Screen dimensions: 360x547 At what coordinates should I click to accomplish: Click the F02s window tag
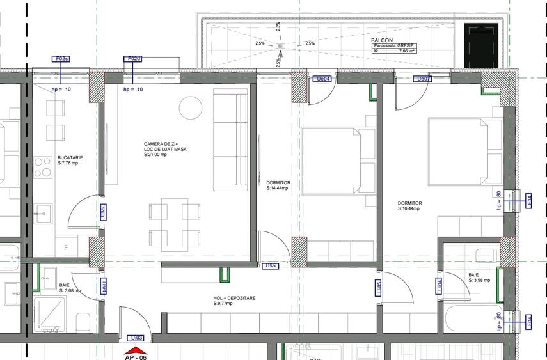coord(61,59)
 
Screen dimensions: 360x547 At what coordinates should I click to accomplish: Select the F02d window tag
coord(132,59)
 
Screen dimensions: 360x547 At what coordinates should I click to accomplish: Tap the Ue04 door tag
coord(323,79)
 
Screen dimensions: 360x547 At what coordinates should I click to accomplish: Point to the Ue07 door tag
coord(423,79)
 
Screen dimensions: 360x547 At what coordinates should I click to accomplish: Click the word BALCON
coord(381,40)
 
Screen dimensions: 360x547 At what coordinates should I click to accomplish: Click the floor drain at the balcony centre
coord(280,46)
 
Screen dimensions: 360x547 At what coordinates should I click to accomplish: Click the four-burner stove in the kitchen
coord(43,167)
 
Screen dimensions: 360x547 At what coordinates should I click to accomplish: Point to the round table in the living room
coord(189,106)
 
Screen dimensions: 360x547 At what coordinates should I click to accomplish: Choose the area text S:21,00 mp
coord(156,155)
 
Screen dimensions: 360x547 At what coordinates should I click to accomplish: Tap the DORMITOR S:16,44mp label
coord(409,206)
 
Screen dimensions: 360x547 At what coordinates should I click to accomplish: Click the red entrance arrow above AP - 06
coord(135,350)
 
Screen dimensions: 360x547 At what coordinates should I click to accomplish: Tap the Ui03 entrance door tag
coord(136,338)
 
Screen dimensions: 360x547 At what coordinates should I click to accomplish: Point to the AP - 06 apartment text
coord(135,357)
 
